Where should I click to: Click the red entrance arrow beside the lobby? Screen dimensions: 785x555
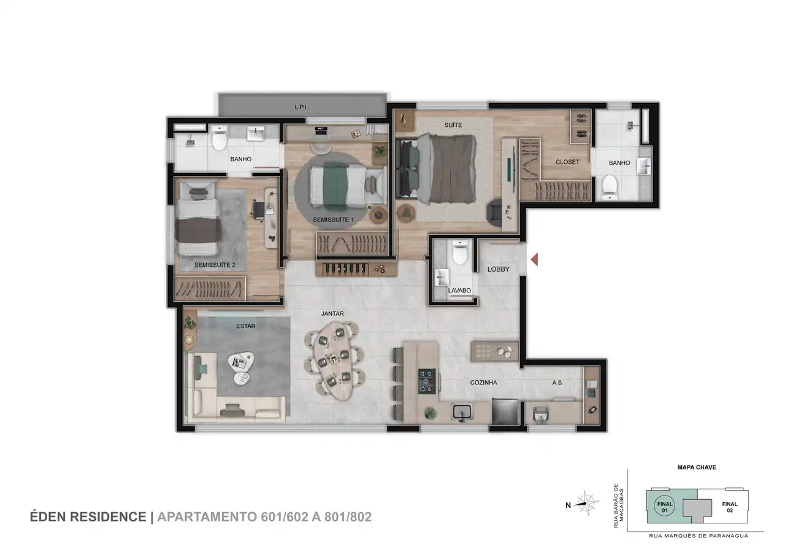[534, 259]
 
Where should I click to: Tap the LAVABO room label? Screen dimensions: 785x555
[459, 291]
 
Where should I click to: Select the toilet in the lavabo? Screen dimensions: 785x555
[459, 252]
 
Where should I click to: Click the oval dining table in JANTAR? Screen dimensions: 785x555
[333, 361]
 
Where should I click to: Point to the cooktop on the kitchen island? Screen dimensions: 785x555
[427, 381]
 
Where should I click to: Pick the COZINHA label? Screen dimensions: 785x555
[484, 383]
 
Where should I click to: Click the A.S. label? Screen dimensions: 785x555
[557, 383]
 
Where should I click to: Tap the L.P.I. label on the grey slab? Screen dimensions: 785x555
[301, 107]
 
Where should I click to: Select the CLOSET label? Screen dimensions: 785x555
[567, 163]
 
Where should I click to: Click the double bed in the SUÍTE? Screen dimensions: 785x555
[436, 169]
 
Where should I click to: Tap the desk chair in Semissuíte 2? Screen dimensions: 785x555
[259, 210]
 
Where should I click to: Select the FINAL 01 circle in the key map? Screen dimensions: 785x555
[665, 507]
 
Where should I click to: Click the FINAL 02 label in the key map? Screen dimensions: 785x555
[730, 507]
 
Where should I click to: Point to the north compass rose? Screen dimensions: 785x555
[588, 503]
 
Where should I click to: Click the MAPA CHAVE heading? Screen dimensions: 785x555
[697, 467]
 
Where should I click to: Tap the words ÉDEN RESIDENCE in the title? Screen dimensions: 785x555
[88, 517]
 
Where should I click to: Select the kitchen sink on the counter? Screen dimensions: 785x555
[462, 411]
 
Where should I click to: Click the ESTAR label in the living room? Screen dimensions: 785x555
[246, 326]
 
